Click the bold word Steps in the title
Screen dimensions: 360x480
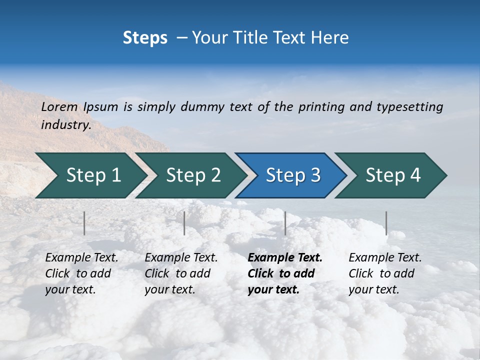(x=145, y=38)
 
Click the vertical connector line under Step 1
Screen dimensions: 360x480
(x=84, y=223)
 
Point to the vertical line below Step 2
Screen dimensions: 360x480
(x=184, y=223)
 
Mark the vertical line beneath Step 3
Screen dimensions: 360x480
(x=285, y=223)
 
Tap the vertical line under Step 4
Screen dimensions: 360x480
(x=386, y=223)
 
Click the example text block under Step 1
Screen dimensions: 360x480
(x=81, y=273)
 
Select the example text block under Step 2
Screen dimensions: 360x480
(x=181, y=273)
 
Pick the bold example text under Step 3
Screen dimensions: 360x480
(x=285, y=273)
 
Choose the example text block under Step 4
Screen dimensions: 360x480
(x=385, y=273)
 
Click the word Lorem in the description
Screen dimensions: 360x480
(x=59, y=106)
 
